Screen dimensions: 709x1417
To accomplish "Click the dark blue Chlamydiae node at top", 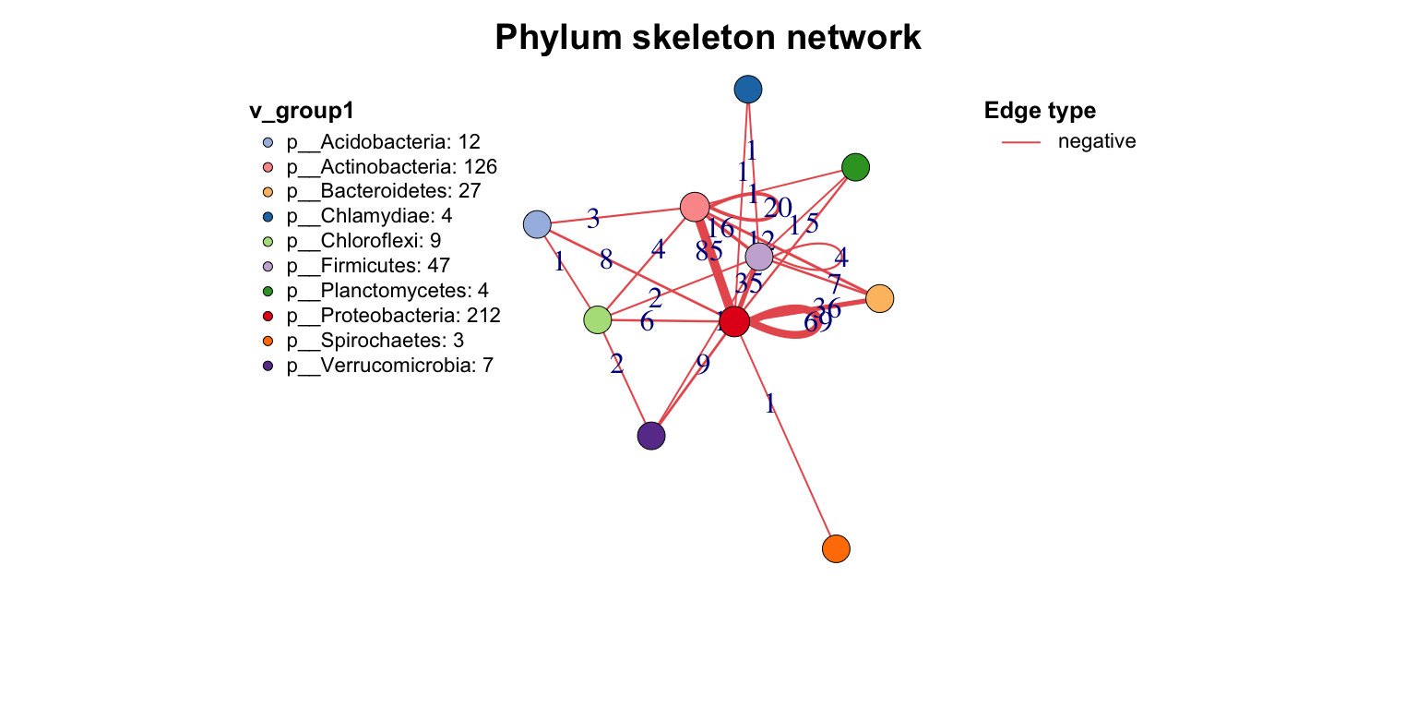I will [x=747, y=89].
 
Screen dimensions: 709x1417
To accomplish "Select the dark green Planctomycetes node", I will [x=855, y=167].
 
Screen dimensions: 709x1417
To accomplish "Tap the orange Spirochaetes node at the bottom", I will [x=835, y=548].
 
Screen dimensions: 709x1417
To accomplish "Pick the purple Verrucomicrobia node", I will [x=651, y=436].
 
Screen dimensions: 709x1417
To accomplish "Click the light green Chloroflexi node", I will [x=598, y=319].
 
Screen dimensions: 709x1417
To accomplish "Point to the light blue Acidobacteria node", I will [x=536, y=224].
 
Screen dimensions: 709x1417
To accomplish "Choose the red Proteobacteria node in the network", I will [x=733, y=322].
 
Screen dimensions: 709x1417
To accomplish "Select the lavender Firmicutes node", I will [x=758, y=257].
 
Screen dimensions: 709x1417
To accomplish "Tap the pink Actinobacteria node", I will [x=694, y=207].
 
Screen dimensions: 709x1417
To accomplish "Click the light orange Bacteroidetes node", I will [x=879, y=298].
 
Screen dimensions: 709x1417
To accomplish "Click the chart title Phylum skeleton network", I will [x=708, y=38].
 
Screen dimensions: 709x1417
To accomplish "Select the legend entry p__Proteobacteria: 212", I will [x=393, y=316].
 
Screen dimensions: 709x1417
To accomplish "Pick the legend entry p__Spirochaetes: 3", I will [x=375, y=341].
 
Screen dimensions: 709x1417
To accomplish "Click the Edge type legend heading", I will [x=1040, y=112].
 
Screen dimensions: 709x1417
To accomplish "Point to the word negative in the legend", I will [x=1097, y=141].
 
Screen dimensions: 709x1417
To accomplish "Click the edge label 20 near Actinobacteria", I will [x=777, y=208].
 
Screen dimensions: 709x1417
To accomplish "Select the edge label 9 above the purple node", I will [x=703, y=365].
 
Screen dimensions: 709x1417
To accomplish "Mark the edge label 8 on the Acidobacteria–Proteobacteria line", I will [x=606, y=260].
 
